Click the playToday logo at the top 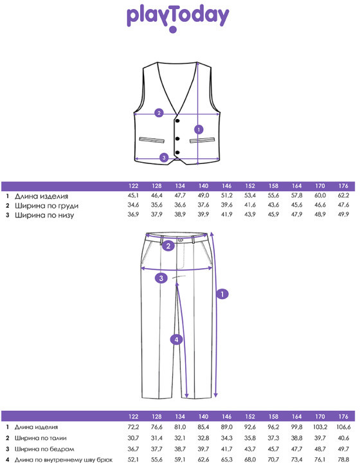(178, 18)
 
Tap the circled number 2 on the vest (159, 113)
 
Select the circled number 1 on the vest (199, 129)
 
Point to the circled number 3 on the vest (164, 158)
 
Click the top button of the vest (177, 120)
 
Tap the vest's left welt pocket (152, 140)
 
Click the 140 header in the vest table (203, 186)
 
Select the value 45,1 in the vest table (133, 195)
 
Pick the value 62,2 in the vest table (343, 195)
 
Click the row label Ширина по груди (47, 206)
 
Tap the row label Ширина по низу (44, 215)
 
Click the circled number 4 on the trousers (176, 340)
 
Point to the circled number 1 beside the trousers (222, 294)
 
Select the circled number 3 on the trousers (161, 278)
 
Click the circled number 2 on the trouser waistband (168, 246)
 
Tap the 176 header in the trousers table (343, 417)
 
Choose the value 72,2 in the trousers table (133, 427)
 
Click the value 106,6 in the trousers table (343, 427)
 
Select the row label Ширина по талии (40, 438)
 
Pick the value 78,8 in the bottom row (343, 459)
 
